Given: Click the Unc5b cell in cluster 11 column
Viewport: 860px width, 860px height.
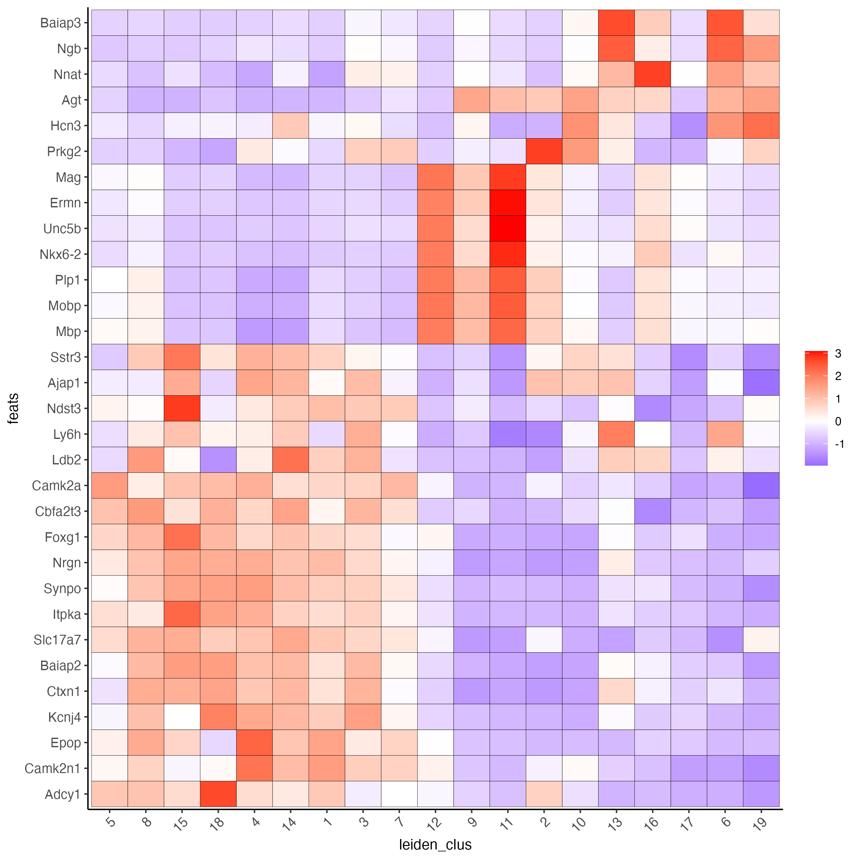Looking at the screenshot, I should pos(507,228).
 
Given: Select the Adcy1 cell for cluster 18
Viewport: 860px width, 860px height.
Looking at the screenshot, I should pos(218,794).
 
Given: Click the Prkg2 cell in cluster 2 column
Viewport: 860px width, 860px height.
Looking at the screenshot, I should pos(544,151).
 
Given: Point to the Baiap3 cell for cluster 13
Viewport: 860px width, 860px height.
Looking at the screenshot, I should pos(616,22).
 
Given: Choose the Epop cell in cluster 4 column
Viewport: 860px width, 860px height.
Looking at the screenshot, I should pos(254,742).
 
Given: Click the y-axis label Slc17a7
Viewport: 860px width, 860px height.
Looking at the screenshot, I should pos(57,640).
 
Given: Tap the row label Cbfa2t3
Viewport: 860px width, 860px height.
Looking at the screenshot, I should pos(58,511).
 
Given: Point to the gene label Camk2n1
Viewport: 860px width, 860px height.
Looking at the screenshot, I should pos(53,768).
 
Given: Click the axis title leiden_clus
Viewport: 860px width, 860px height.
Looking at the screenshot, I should pos(435,844).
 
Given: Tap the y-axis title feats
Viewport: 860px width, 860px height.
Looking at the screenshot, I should pos(13,408).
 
